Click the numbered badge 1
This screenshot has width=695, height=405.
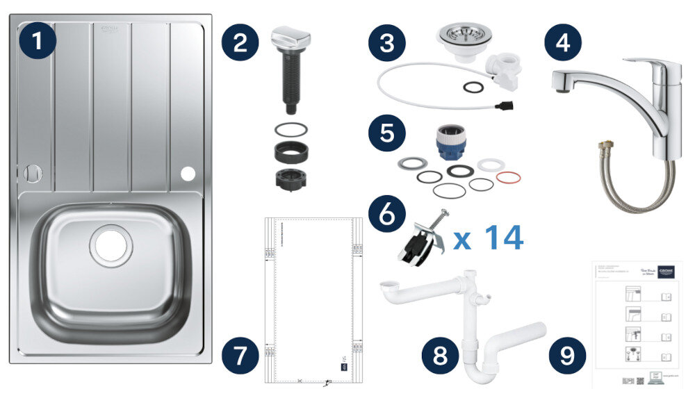point(38,43)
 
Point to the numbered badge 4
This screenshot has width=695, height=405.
point(563,43)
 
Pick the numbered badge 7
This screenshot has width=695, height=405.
point(240,356)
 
